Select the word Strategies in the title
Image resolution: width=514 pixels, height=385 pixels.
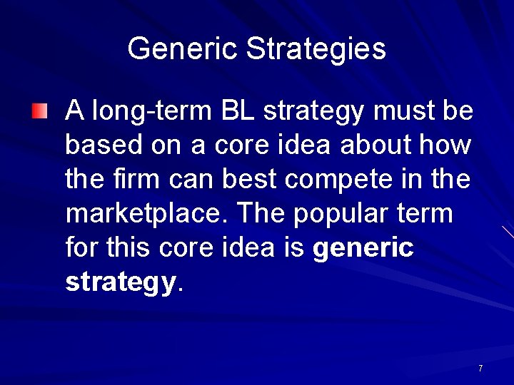[316, 49]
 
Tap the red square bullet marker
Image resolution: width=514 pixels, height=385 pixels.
[40, 111]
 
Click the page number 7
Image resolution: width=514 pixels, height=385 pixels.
[480, 369]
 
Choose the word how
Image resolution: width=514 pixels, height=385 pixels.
[448, 145]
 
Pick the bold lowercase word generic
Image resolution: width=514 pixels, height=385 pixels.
[363, 248]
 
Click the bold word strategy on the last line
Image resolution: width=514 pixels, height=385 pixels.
[120, 282]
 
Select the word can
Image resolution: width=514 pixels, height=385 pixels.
[191, 180]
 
